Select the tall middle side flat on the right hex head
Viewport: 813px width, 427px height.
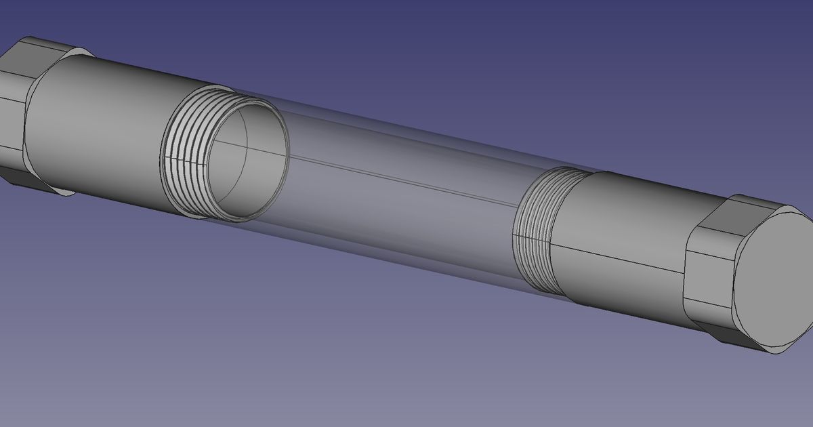pyautogui.click(x=708, y=278)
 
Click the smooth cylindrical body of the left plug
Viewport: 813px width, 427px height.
pyautogui.click(x=102, y=122)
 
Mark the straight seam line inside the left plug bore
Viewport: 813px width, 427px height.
pyautogui.click(x=230, y=144)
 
